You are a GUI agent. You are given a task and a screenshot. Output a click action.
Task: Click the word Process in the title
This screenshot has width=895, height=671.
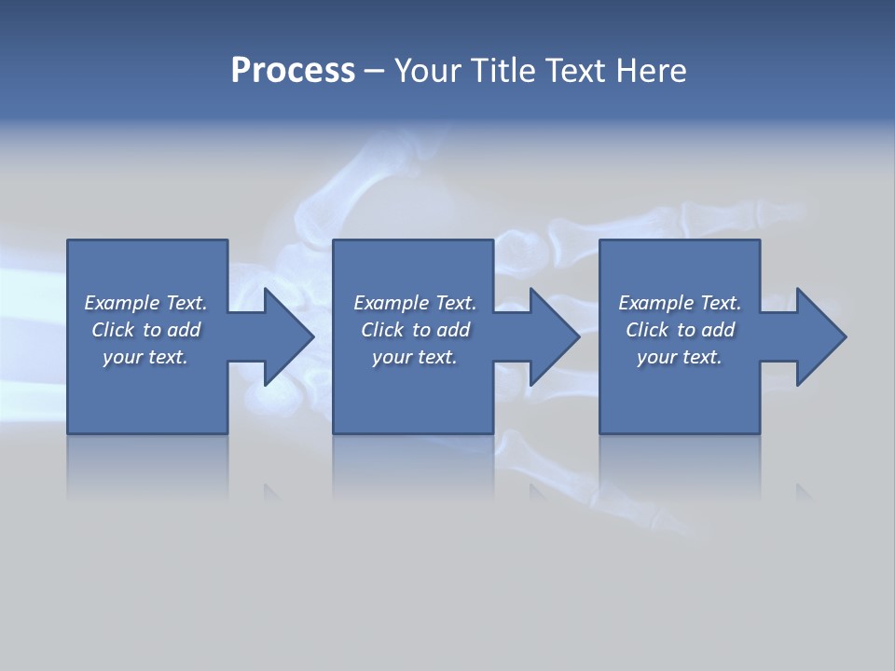(x=293, y=71)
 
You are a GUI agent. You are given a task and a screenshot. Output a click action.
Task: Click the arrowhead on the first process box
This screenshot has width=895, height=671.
(x=288, y=336)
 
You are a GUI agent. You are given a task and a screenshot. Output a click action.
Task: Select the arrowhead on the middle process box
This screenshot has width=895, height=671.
(x=554, y=336)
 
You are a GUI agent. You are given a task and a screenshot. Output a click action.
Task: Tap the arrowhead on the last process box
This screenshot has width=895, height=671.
(x=820, y=336)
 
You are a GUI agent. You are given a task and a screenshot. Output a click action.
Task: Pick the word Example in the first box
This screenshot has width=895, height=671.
(x=122, y=303)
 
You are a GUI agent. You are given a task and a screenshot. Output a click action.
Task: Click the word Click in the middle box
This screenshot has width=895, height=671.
(x=382, y=330)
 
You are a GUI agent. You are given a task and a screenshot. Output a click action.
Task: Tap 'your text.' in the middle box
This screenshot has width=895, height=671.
(x=414, y=357)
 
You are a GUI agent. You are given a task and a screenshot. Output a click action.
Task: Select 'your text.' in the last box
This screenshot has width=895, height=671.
(x=680, y=357)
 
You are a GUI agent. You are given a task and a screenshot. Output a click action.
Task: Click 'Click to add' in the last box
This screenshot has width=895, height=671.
(x=680, y=330)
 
